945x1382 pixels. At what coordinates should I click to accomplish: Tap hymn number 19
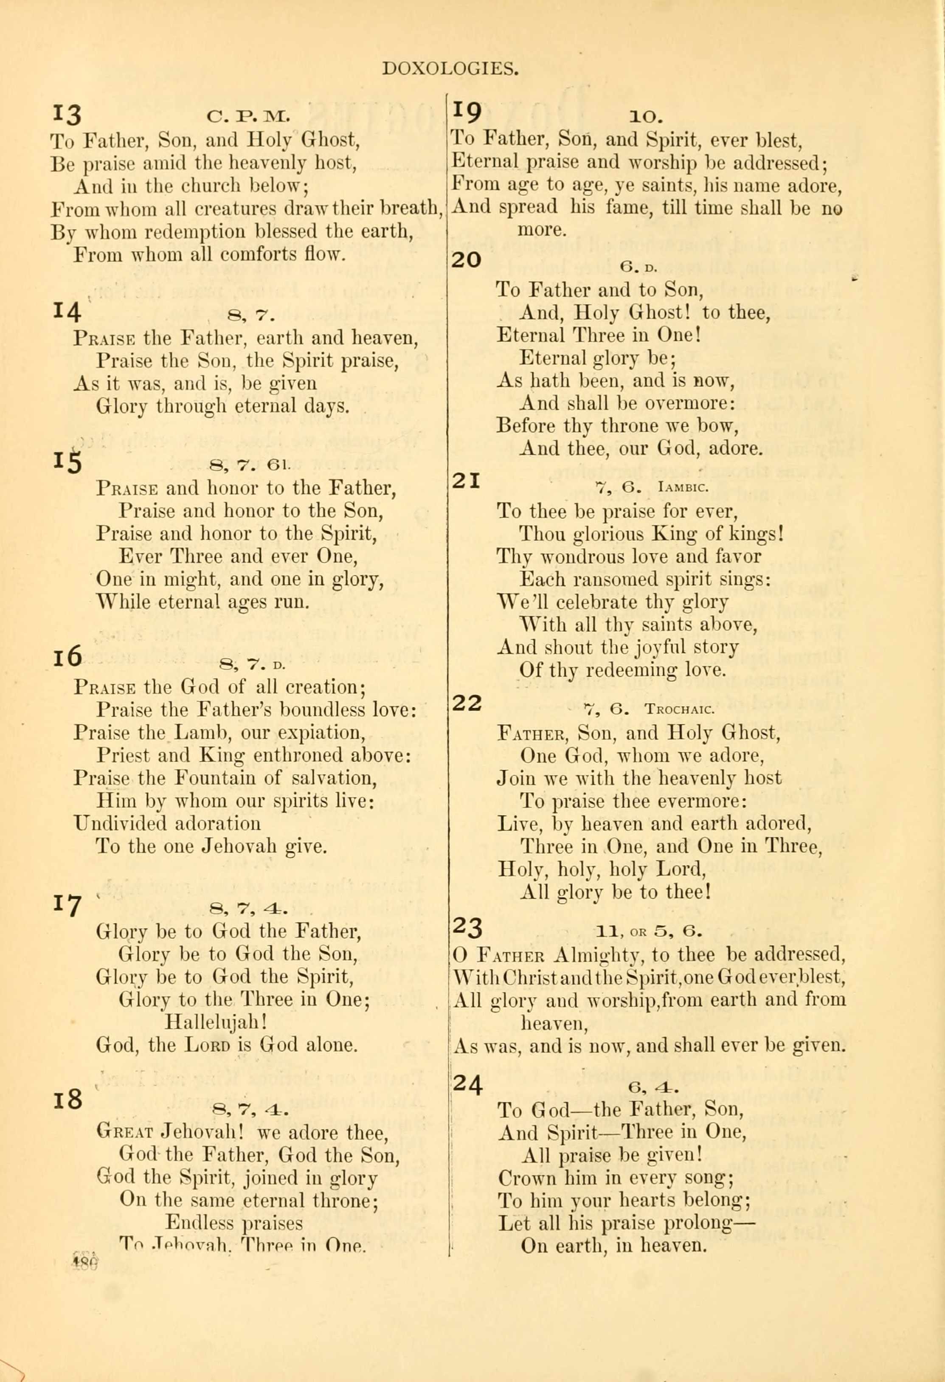tap(467, 110)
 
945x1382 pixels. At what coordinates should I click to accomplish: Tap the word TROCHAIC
tap(679, 709)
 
